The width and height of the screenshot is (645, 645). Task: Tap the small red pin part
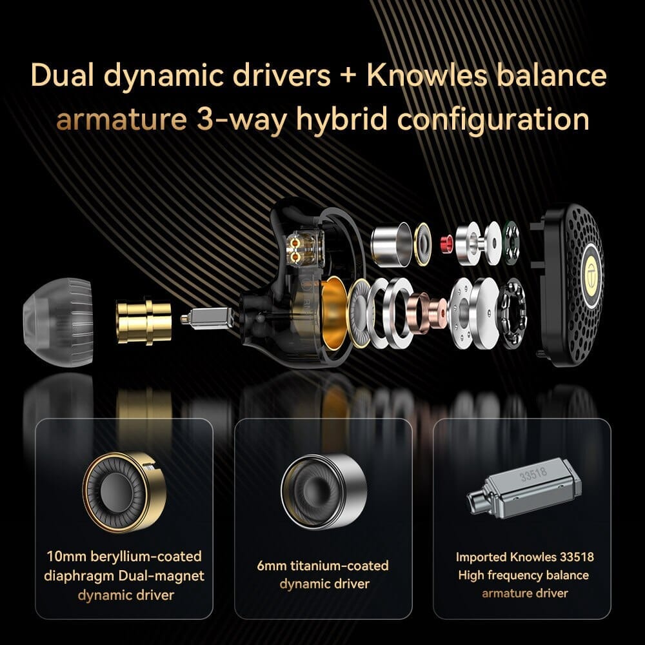[x=444, y=244]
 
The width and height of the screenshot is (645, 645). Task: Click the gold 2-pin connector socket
[x=299, y=248]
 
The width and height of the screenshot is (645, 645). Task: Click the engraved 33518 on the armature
[x=533, y=472]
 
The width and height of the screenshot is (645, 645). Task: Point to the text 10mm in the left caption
[x=68, y=556]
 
